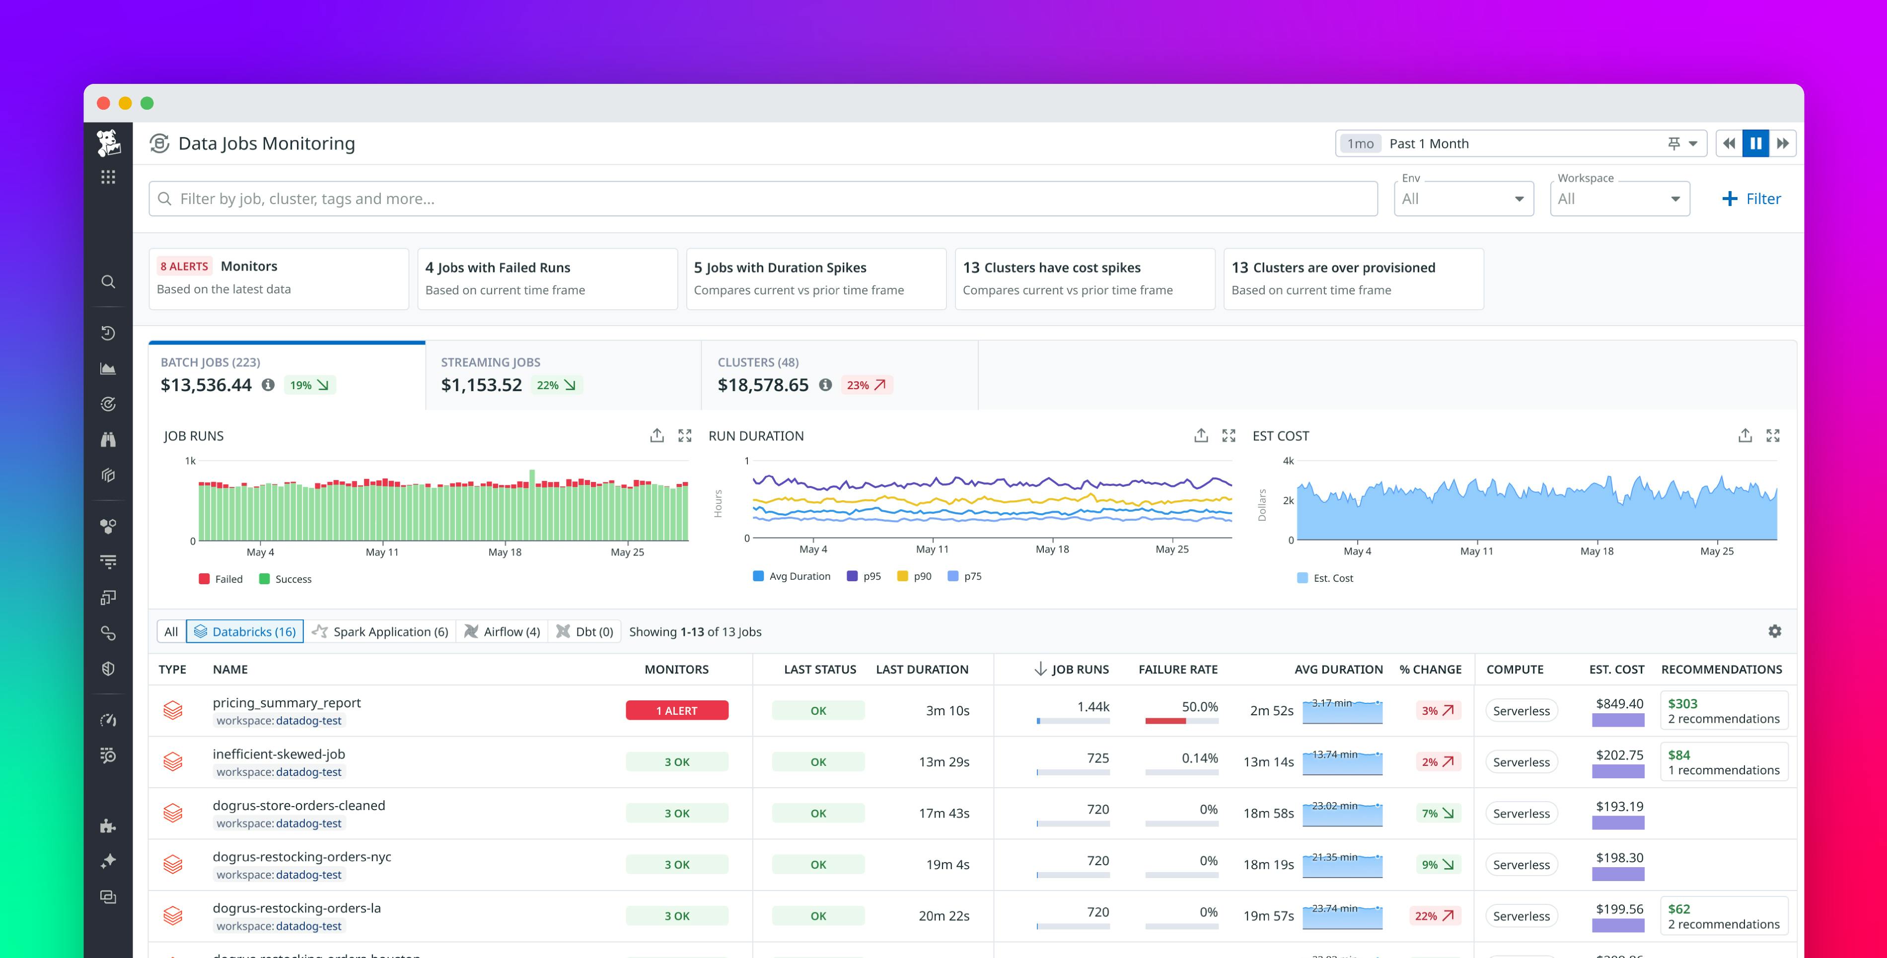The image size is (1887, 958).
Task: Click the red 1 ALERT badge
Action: tap(676, 710)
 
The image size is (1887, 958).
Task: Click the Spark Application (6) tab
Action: tap(380, 631)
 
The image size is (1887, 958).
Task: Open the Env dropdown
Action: tap(1463, 199)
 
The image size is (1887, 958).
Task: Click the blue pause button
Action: tap(1755, 143)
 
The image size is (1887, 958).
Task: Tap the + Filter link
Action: tap(1751, 199)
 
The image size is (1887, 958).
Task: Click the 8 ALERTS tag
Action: tap(184, 267)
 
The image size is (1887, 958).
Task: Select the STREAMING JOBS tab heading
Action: tap(490, 362)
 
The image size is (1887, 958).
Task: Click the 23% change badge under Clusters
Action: tap(866, 385)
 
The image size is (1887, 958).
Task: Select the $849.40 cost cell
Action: tap(1619, 704)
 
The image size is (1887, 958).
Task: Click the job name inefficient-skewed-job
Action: tap(279, 753)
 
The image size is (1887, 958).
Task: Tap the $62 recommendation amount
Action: tap(1678, 909)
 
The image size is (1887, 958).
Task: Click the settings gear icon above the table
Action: tap(1774, 631)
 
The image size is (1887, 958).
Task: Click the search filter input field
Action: tap(762, 199)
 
